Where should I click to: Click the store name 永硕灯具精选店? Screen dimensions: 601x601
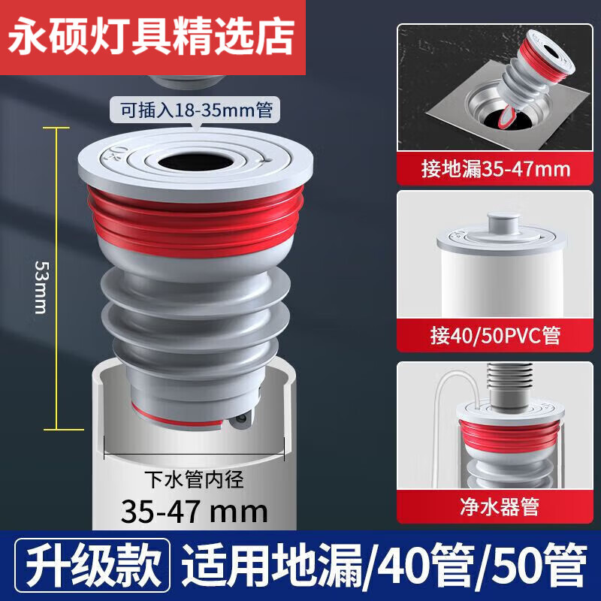click(153, 38)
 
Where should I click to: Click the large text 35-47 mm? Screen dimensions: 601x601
click(195, 512)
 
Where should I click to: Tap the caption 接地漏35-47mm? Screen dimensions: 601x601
click(496, 168)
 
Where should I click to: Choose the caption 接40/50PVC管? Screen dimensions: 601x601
click(496, 334)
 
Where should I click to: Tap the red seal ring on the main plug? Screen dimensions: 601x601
click(194, 214)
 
